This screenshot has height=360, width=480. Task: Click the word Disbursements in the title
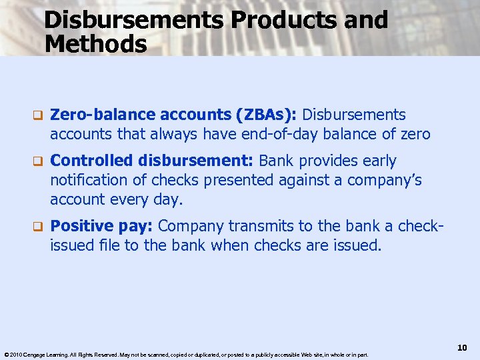(x=134, y=20)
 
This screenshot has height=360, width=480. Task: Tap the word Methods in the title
(x=95, y=45)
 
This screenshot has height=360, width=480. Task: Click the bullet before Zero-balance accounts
(x=38, y=116)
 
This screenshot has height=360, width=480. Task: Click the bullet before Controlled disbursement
(x=38, y=161)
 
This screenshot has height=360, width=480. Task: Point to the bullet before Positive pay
(x=38, y=226)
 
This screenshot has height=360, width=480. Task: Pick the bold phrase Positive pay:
(x=103, y=226)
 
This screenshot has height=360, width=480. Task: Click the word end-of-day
(x=286, y=135)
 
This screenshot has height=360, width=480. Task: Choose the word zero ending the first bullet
(x=415, y=135)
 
